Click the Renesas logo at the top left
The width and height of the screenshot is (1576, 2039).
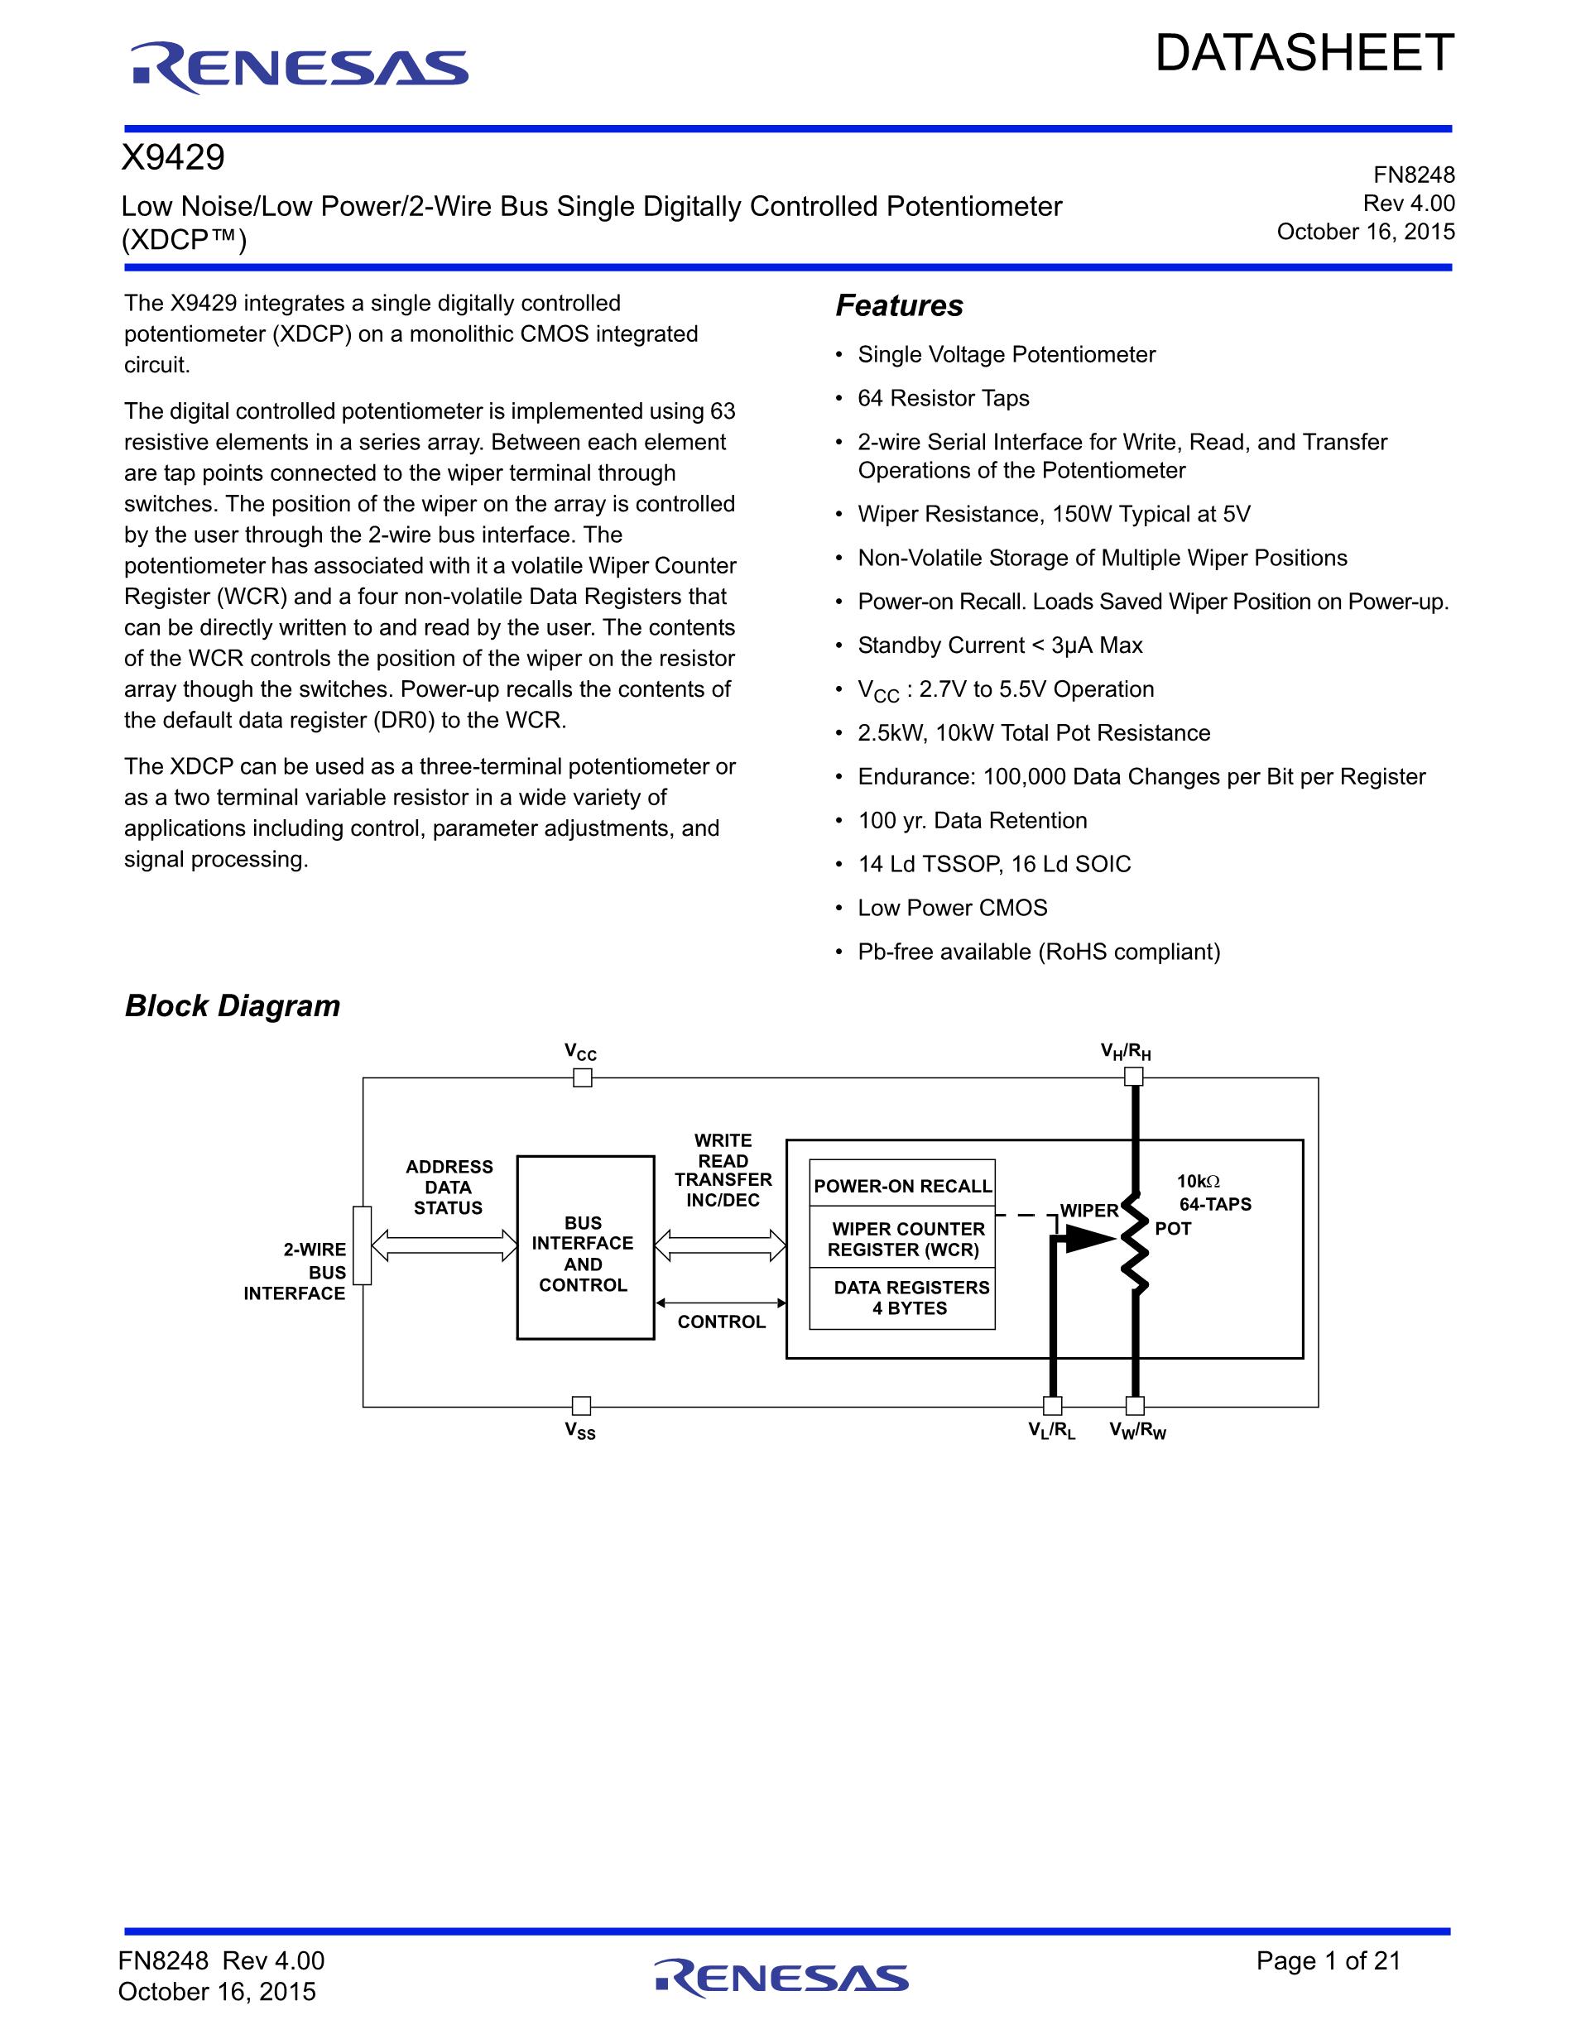(x=299, y=68)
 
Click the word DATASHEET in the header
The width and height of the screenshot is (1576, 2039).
(x=1305, y=53)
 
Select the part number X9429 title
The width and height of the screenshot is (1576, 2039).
(x=174, y=158)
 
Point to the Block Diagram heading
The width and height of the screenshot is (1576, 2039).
(x=233, y=1005)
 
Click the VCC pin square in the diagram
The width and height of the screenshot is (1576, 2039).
(x=582, y=1078)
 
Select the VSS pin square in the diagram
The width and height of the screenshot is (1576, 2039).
(x=581, y=1406)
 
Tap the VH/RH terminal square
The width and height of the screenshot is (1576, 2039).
(x=1133, y=1077)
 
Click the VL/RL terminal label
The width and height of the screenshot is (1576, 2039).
(x=1051, y=1432)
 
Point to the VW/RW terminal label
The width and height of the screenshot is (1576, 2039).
(x=1137, y=1432)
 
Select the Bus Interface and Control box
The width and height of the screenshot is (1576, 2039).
(x=585, y=1247)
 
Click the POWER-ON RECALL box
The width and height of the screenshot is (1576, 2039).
(x=902, y=1186)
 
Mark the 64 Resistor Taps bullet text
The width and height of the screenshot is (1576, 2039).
(x=943, y=399)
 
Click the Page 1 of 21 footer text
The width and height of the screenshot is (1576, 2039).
(x=1328, y=1960)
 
